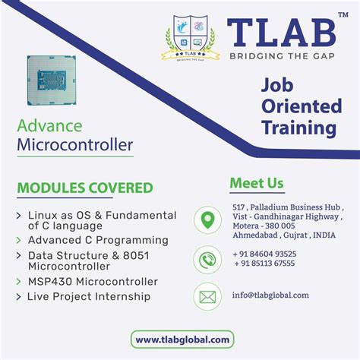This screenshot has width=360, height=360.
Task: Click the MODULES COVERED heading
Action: pos(84,188)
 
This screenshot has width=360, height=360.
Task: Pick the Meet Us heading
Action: pos(256,183)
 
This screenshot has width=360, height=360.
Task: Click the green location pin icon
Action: pos(207,220)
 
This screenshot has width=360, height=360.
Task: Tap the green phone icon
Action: pos(207,258)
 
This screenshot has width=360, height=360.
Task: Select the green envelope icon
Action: pos(207,295)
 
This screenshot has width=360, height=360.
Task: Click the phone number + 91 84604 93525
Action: pos(265,254)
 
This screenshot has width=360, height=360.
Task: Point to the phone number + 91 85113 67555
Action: pos(265,264)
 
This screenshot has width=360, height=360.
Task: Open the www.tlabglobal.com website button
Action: pos(180,339)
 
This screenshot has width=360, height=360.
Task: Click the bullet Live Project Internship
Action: pos(89,296)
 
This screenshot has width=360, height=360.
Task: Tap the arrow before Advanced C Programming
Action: pos(18,241)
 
